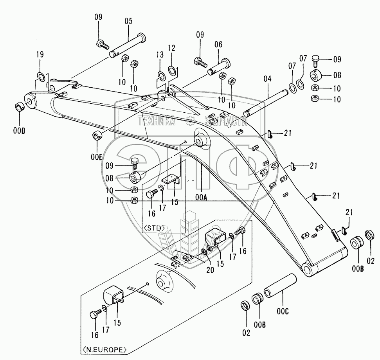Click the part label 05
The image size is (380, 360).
(128, 21)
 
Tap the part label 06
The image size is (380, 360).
(218, 45)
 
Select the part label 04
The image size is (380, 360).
(267, 79)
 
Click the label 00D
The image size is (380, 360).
(19, 131)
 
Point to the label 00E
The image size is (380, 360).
(96, 157)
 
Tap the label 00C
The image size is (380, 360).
(283, 311)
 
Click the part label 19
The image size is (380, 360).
(40, 54)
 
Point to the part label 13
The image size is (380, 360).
(160, 55)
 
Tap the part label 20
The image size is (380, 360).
(210, 270)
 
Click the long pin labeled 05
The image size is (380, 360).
(128, 46)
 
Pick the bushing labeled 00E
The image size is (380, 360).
(97, 136)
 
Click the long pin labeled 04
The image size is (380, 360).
(266, 103)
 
